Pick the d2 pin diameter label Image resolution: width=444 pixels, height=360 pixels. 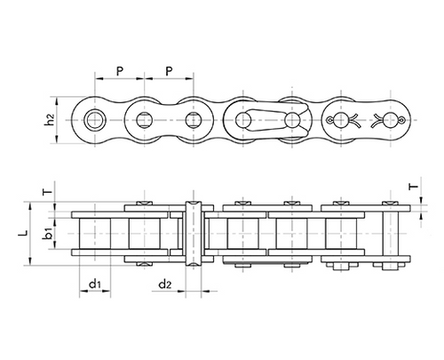point(164,284)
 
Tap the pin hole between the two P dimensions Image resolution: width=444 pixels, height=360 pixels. point(144,118)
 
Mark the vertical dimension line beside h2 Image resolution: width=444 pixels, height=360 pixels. point(63,119)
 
